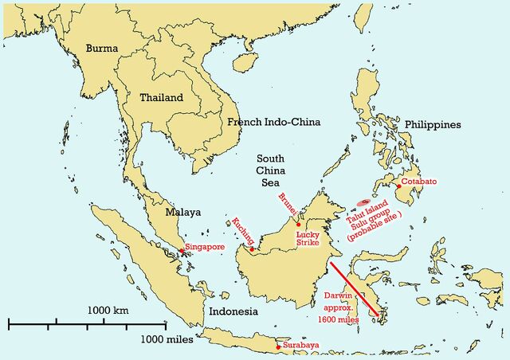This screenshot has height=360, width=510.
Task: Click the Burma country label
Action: pyautogui.click(x=102, y=48)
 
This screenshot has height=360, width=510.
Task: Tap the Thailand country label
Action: pyautogui.click(x=161, y=98)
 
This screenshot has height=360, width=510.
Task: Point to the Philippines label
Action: pyautogui.click(x=433, y=125)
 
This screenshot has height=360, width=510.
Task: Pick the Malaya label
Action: pyautogui.click(x=182, y=213)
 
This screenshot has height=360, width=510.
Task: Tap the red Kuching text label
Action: pyautogui.click(x=242, y=231)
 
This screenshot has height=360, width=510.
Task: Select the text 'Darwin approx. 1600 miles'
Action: pyautogui.click(x=342, y=307)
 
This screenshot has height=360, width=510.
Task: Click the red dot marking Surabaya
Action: pyautogui.click(x=278, y=346)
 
